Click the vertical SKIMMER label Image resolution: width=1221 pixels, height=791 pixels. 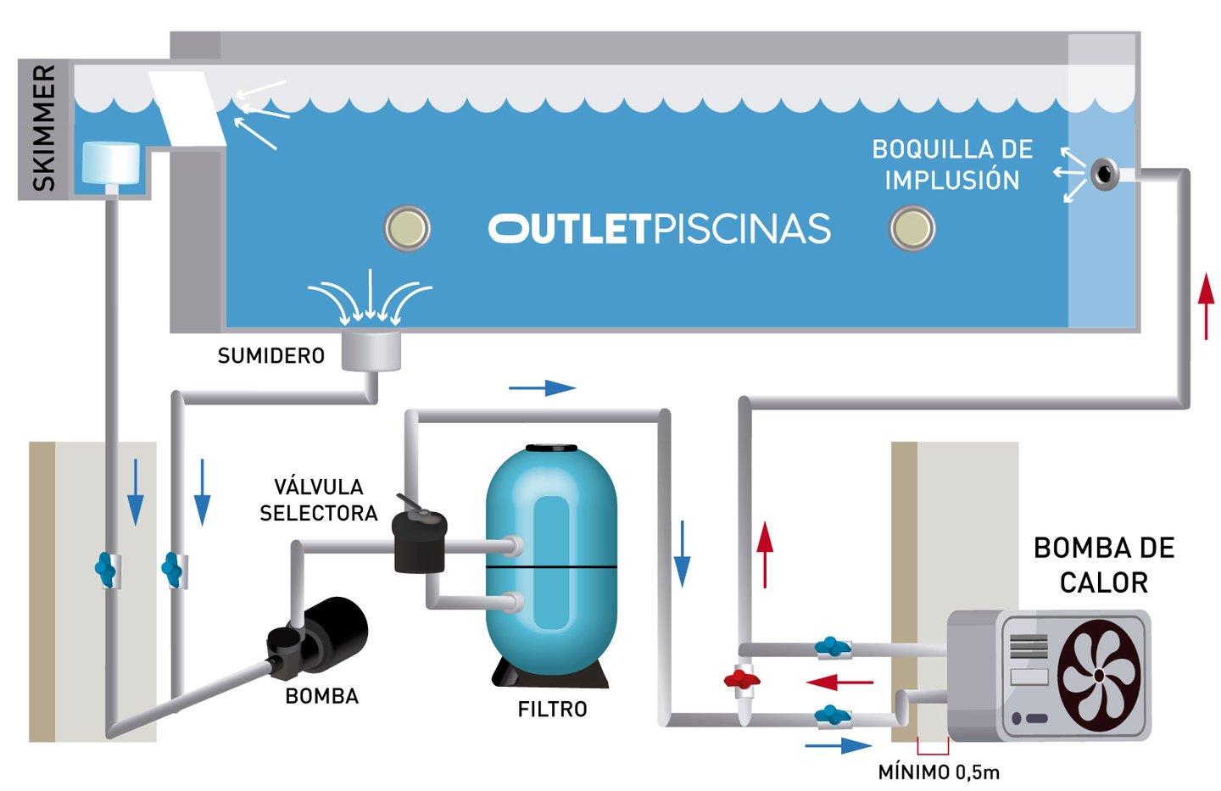44,128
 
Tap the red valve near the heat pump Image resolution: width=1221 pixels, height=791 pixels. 742,679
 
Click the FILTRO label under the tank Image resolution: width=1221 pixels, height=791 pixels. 552,710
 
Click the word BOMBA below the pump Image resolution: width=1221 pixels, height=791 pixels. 322,696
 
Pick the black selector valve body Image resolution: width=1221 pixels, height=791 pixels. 419,542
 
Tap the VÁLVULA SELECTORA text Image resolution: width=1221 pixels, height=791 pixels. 319,500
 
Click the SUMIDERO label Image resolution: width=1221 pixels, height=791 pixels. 271,356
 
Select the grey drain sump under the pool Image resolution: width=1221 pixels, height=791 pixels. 371,350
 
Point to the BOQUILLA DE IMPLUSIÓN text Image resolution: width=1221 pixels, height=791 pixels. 952,164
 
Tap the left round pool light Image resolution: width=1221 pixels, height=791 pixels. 407,228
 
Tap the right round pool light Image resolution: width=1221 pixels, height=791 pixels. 912,228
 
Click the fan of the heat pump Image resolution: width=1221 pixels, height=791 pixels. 1099,676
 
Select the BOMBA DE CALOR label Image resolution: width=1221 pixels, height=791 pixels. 1104,565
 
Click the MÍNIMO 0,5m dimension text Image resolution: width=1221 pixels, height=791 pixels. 939,772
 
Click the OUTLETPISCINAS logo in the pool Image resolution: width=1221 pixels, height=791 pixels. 660,228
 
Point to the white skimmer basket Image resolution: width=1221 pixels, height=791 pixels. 110,163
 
